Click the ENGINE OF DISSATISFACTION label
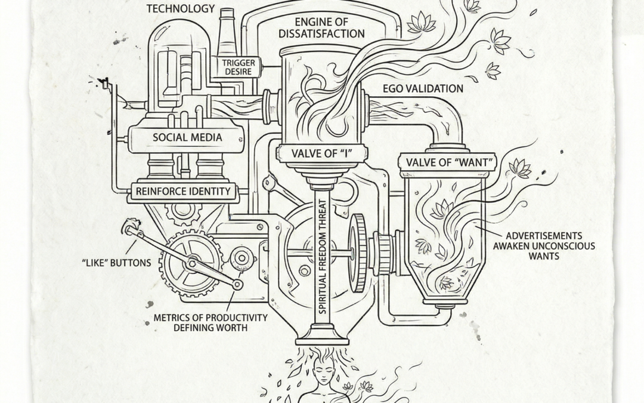point(321,27)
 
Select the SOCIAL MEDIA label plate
point(187,137)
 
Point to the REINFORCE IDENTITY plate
point(184,192)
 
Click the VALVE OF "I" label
point(321,153)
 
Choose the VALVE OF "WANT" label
point(444,162)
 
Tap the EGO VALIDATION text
point(423,89)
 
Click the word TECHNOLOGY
point(181,8)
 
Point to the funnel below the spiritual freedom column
point(321,334)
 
